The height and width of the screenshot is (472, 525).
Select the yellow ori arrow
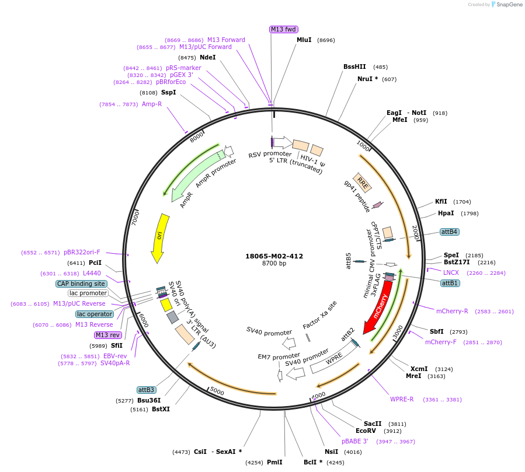[159, 236]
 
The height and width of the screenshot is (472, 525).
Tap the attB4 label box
[450, 232]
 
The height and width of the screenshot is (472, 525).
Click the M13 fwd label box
[283, 30]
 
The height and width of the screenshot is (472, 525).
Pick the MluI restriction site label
[304, 40]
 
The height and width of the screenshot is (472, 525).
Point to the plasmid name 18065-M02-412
[274, 256]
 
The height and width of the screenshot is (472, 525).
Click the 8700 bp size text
[274, 264]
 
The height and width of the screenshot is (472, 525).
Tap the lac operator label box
[94, 314]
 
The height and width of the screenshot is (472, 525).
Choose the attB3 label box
[146, 390]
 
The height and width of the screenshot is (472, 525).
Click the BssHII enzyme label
[354, 67]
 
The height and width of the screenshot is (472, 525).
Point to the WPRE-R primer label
[402, 400]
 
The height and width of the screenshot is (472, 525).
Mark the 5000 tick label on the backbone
[217, 391]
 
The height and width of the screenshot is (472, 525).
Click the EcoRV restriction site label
[367, 431]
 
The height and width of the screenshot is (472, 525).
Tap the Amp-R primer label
[152, 104]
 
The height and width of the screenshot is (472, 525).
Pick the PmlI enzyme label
[274, 462]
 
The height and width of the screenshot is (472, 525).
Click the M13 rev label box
[107, 335]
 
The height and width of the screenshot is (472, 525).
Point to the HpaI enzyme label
[446, 214]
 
